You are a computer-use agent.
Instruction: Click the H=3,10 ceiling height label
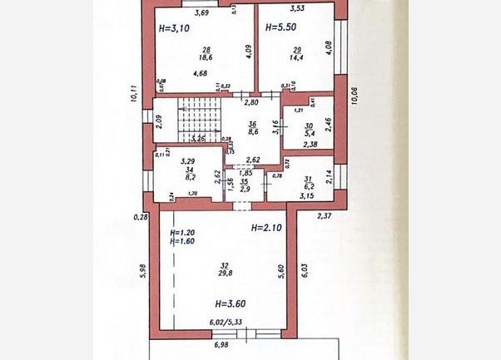point(174,28)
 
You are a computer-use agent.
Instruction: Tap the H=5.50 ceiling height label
point(281,28)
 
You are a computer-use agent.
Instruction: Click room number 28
point(203,50)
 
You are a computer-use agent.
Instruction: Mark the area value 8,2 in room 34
point(186,176)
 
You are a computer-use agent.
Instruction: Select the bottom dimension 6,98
point(221,344)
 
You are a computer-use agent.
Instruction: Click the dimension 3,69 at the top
point(201,12)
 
